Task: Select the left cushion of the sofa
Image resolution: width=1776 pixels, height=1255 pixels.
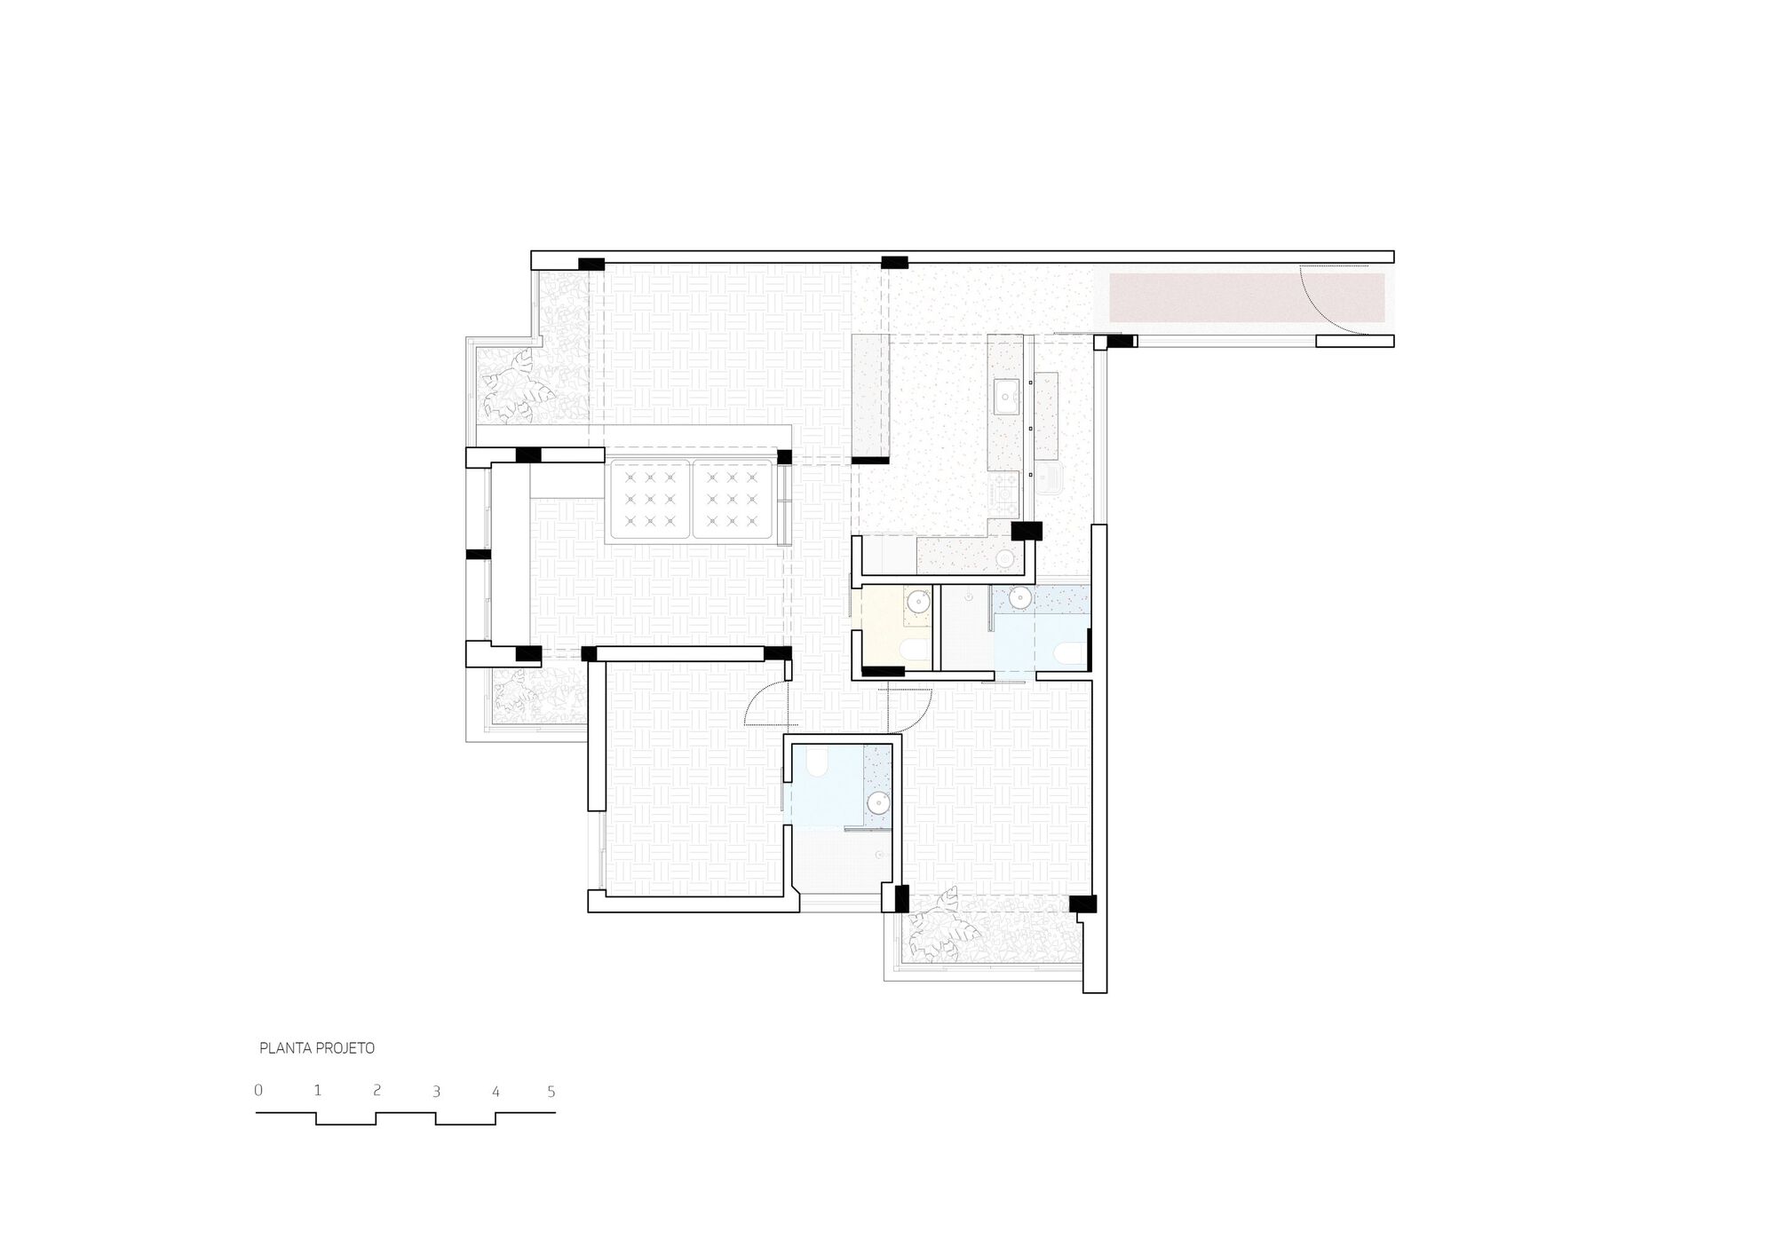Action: tap(648, 500)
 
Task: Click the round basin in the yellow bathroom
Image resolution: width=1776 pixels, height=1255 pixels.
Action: tap(916, 603)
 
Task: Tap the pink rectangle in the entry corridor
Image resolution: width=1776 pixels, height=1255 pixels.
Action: tap(1247, 298)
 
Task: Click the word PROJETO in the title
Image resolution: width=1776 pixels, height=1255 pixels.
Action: tap(345, 1048)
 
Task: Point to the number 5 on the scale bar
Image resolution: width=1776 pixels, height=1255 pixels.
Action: tap(551, 1092)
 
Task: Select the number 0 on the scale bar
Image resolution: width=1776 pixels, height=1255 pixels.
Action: tap(258, 1090)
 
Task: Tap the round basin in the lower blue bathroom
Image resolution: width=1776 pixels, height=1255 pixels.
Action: tap(877, 803)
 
